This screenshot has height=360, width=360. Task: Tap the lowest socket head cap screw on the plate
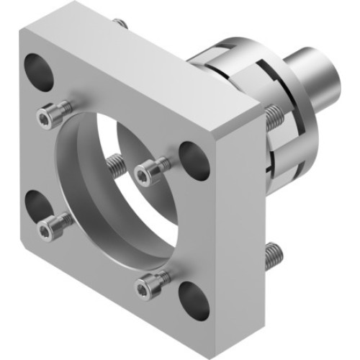[149, 286]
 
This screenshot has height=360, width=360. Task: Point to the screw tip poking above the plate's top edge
[122, 24]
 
